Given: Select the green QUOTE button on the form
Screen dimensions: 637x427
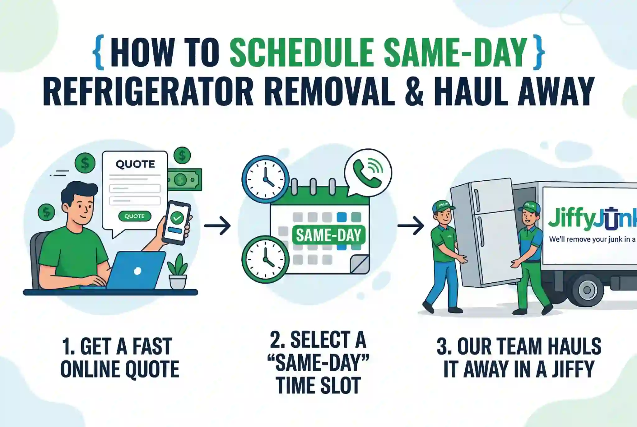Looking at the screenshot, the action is coord(135,216).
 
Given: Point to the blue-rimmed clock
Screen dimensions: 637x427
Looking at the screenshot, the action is coord(265,179).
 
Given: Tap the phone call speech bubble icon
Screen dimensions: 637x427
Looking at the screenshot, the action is coord(368,173).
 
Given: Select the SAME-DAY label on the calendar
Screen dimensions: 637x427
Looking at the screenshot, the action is coord(328,235).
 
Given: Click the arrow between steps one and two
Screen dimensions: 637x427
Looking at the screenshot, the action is coord(217,225).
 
